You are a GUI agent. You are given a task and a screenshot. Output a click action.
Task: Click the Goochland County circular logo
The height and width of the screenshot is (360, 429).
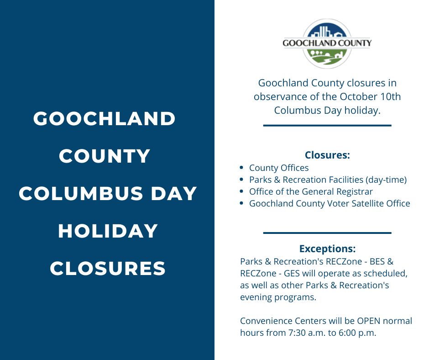pos(327,44)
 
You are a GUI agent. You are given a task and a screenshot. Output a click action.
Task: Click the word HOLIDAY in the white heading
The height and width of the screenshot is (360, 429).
pos(108,231)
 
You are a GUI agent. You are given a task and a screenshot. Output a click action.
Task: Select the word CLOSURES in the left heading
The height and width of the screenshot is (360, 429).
pos(108,269)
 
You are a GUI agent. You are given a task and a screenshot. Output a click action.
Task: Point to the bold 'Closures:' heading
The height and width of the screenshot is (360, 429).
pos(327,155)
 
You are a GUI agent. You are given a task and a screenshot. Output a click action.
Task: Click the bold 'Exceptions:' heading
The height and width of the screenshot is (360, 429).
pos(327,249)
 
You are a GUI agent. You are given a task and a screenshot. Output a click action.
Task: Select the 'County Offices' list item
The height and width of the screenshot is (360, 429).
pos(279,168)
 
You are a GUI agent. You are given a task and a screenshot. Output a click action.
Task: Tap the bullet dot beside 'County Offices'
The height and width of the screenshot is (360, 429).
pos(241,168)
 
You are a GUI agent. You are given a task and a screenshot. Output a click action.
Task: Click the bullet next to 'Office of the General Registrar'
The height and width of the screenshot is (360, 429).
pos(241,191)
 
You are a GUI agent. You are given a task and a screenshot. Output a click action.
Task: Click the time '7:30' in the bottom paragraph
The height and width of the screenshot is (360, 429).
pos(295,333)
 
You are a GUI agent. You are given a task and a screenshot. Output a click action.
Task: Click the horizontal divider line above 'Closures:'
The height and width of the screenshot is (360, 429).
pos(327,125)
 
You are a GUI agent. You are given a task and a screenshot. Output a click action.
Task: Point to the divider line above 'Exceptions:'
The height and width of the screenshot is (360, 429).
pos(327,233)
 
